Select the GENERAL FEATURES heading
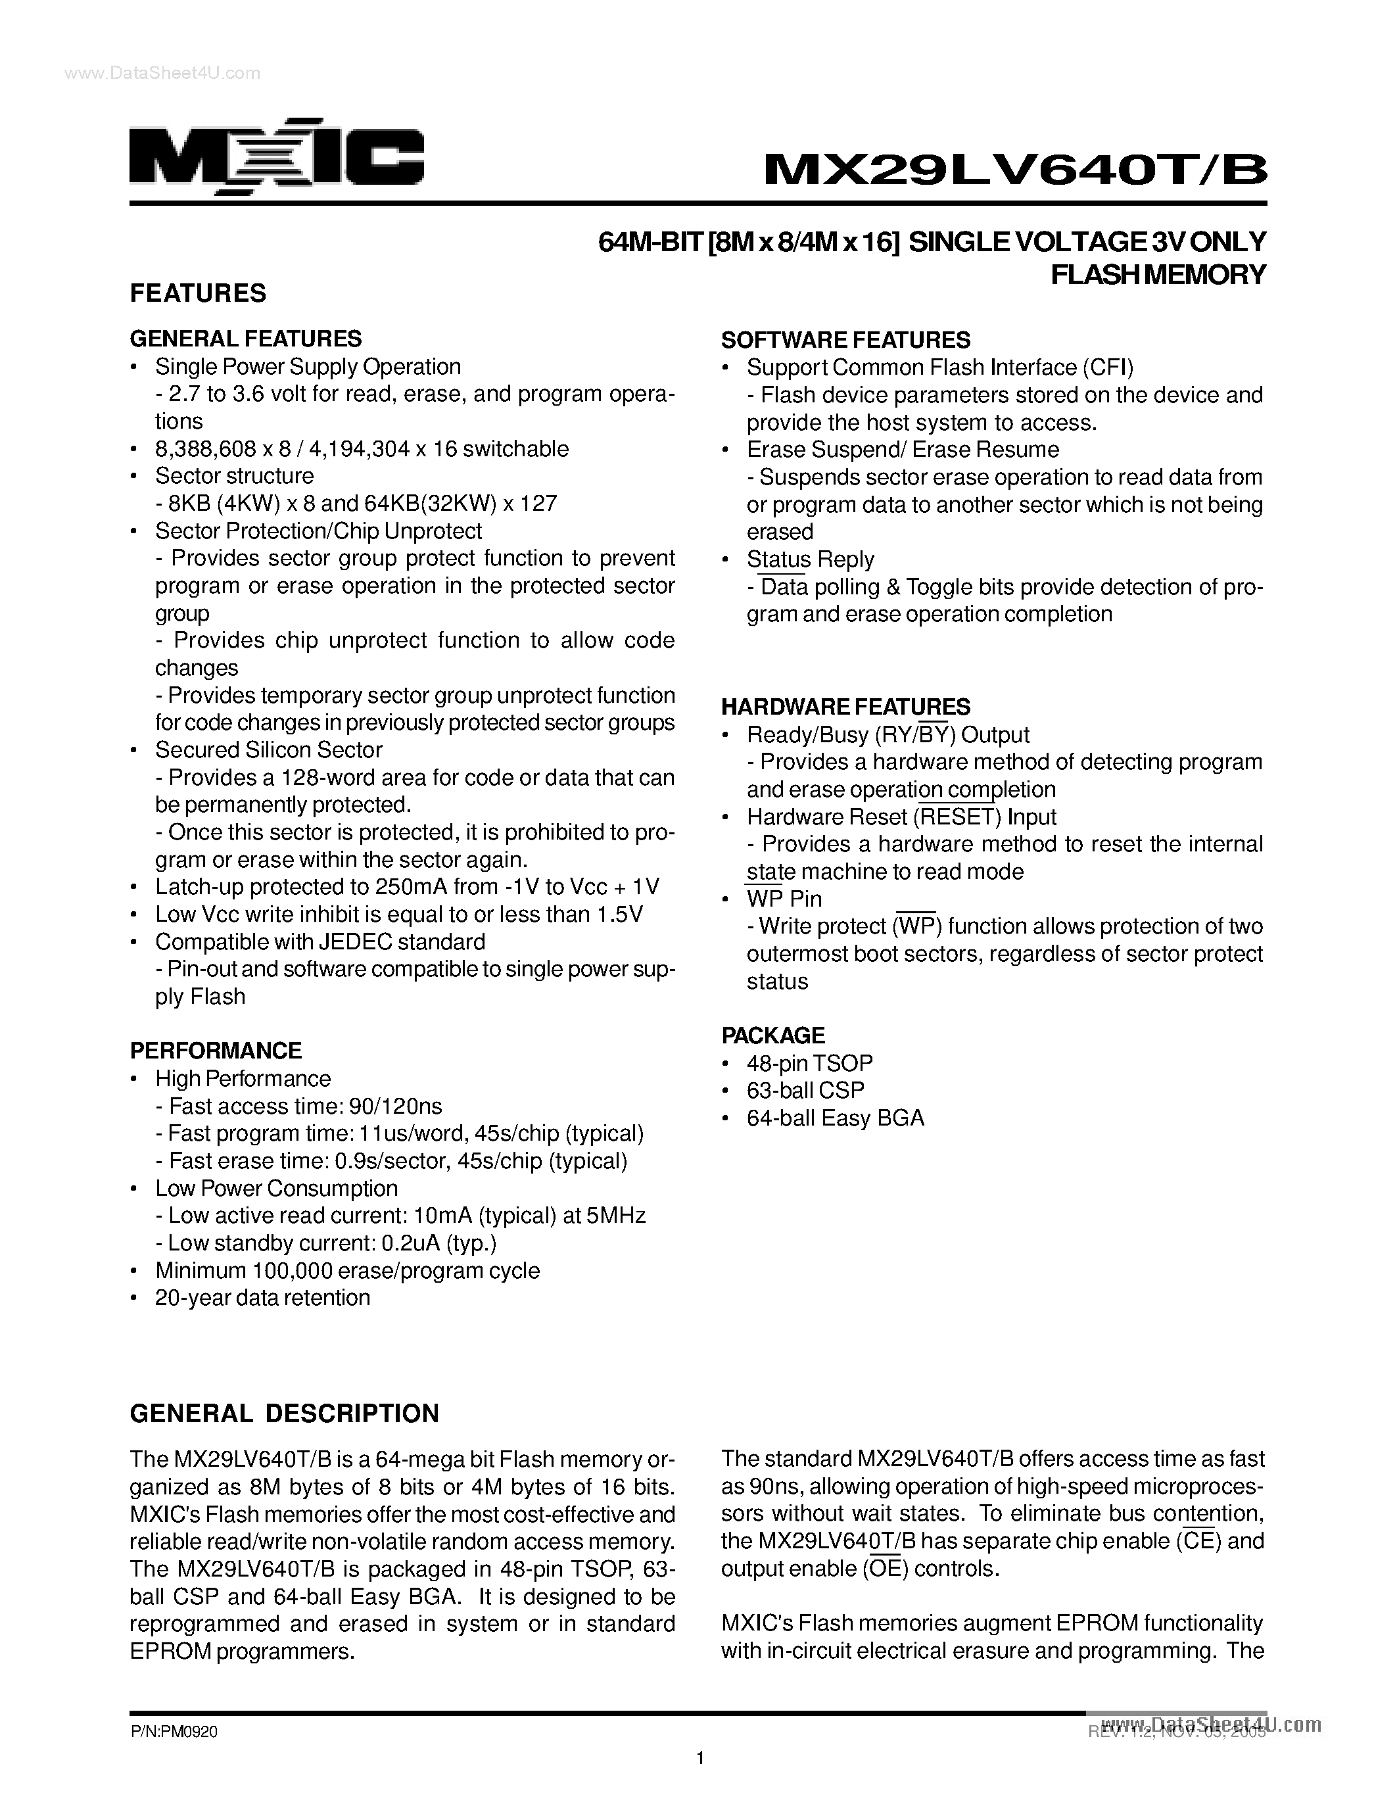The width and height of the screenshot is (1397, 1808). (246, 339)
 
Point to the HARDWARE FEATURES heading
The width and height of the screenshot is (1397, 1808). (845, 707)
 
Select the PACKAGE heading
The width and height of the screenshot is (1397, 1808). (772, 1035)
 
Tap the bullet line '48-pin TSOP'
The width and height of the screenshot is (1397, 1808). (809, 1063)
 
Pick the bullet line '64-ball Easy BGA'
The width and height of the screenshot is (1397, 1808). (834, 1118)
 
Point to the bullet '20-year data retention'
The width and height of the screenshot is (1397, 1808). (262, 1297)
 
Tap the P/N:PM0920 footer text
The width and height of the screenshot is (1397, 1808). (173, 1732)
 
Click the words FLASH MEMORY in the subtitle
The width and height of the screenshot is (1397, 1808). (1158, 274)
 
